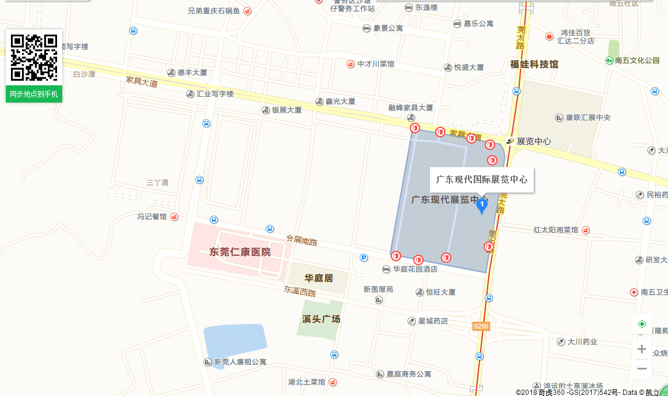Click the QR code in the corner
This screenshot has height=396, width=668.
(34, 58)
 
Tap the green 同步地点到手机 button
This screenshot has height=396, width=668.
(34, 94)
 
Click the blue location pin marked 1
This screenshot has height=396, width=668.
(482, 205)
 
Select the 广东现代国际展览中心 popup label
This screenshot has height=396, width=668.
(482, 179)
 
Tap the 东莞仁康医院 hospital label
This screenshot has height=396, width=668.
(240, 252)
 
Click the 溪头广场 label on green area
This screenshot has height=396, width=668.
(321, 319)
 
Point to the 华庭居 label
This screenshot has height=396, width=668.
(319, 278)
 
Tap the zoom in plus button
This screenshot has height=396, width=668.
(641, 349)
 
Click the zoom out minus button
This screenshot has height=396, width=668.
(641, 368)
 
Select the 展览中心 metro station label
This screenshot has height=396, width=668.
(533, 141)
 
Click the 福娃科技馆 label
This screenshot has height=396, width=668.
(534, 64)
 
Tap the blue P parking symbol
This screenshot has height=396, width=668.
(363, 258)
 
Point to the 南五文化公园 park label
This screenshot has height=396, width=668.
(636, 60)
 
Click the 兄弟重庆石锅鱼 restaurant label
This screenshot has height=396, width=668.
(214, 10)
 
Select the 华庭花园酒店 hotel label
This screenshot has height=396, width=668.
(414, 269)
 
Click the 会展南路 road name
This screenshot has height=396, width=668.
(301, 240)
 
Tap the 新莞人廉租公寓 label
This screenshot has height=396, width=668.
(240, 362)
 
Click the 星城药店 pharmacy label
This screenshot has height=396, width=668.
(432, 320)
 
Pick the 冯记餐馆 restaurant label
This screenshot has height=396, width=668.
(152, 217)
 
